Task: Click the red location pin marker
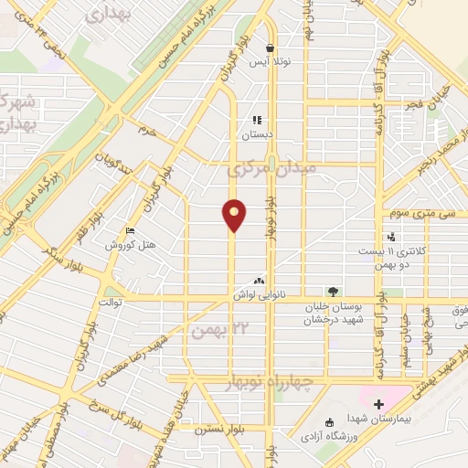pyautogui.click(x=235, y=214)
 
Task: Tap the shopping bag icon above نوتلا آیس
pyautogui.click(x=271, y=48)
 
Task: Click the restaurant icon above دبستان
pyautogui.click(x=258, y=120)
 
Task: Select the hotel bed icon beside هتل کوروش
pyautogui.click(x=130, y=231)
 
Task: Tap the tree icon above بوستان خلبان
pyautogui.click(x=334, y=292)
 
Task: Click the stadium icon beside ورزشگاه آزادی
pyautogui.click(x=330, y=422)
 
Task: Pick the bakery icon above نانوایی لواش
pyautogui.click(x=261, y=281)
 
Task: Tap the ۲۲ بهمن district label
pyautogui.click(x=208, y=329)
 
